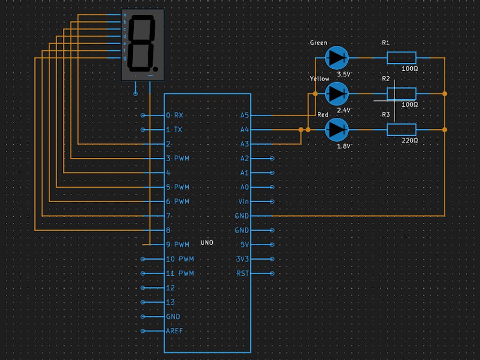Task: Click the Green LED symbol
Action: click(x=337, y=57)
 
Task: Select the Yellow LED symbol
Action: click(x=337, y=93)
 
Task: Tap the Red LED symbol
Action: click(x=337, y=129)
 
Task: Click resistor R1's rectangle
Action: click(x=401, y=57)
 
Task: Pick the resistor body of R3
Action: click(x=401, y=129)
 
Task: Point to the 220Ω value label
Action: click(x=409, y=140)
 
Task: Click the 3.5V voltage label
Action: click(x=344, y=74)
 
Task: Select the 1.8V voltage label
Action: click(x=344, y=146)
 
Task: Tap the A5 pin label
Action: click(x=245, y=115)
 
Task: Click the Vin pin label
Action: click(x=243, y=202)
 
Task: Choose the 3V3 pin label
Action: click(x=242, y=259)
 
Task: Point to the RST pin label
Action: click(x=242, y=274)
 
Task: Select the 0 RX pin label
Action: click(x=174, y=115)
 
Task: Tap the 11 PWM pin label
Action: click(x=180, y=274)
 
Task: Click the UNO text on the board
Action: click(x=207, y=243)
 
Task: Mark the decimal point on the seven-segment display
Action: click(x=155, y=69)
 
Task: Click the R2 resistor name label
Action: click(x=386, y=78)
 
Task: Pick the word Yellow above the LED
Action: click(x=319, y=78)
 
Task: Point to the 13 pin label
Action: click(x=170, y=302)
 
